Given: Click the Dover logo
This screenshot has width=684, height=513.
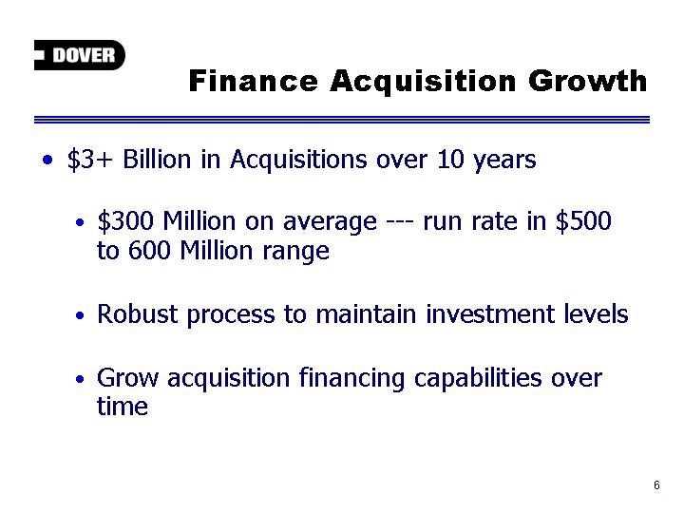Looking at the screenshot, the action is (x=80, y=55).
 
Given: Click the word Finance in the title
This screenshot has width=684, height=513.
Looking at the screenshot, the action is (x=253, y=81).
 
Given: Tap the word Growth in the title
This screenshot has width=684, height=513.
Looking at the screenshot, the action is (x=587, y=81).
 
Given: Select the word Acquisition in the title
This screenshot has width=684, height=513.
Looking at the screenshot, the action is (x=423, y=82).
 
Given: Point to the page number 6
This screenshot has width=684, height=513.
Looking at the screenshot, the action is (x=656, y=485).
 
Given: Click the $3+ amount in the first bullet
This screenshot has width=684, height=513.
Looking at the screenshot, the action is (x=89, y=160).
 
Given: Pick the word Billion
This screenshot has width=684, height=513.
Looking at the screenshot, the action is (x=157, y=159).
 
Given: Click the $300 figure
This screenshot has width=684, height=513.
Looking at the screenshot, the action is (x=125, y=221).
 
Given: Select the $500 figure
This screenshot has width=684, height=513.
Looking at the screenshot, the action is (x=583, y=221).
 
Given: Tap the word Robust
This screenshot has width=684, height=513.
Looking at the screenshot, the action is (x=138, y=313).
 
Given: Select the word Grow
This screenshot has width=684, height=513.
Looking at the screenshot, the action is (x=127, y=377).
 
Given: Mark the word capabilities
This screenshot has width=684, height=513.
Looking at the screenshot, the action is (x=478, y=378).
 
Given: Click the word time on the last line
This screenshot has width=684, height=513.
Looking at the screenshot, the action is (x=123, y=407).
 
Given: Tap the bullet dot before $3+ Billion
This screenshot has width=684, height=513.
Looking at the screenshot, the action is (x=47, y=160).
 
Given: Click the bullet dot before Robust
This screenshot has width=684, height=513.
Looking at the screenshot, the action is (x=80, y=315).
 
